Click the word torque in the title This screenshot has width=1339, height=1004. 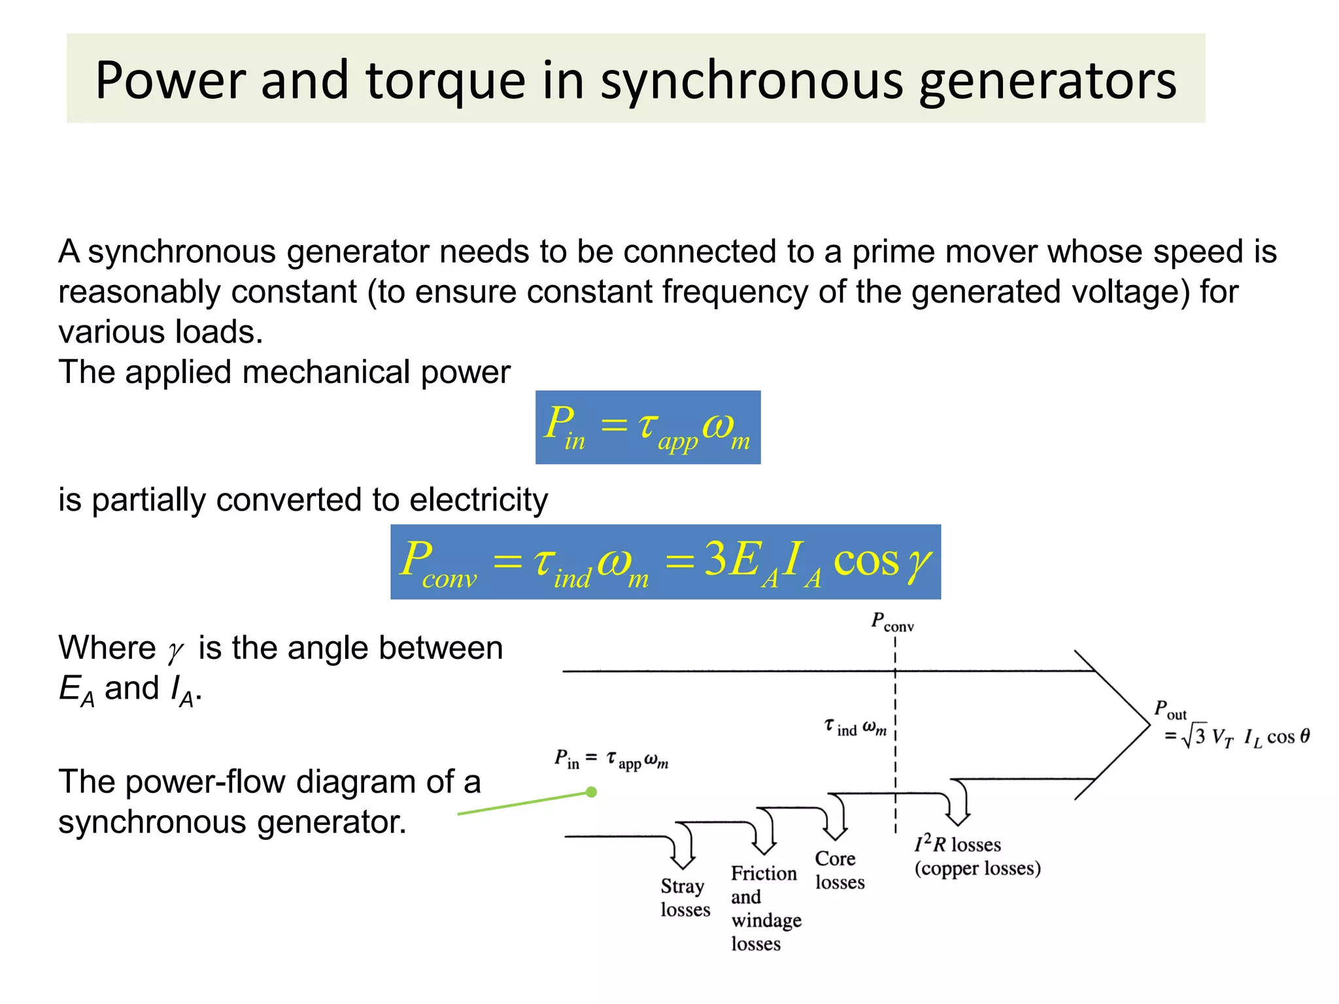pos(445,82)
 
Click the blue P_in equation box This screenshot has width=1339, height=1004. pos(647,427)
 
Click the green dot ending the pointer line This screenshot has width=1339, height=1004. pos(592,792)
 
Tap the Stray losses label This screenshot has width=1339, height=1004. pos(685,897)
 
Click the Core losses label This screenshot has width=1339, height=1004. pos(839,870)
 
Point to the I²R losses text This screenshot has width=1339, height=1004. pos(957,845)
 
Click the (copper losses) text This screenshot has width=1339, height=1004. pos(977,869)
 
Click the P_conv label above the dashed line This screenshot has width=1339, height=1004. pos(892,622)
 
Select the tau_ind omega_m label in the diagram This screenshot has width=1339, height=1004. pos(855,728)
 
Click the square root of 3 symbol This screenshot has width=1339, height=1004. pos(1194,737)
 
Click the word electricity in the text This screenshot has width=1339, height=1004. pos(479,500)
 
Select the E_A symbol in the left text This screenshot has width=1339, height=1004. pos(76,690)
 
